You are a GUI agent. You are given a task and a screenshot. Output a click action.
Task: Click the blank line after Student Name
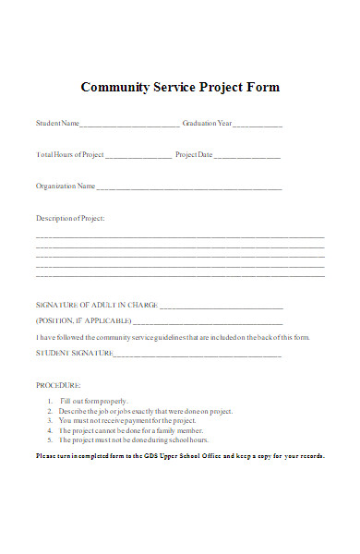pyautogui.click(x=130, y=124)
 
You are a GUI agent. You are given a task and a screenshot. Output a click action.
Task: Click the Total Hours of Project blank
pyautogui.click(x=138, y=155)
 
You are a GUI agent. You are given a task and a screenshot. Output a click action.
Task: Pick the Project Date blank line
pyautogui.click(x=249, y=155)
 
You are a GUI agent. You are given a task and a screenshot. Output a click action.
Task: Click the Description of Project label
pyautogui.click(x=70, y=218)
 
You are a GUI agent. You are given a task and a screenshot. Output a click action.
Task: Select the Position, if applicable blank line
pyautogui.click(x=208, y=321)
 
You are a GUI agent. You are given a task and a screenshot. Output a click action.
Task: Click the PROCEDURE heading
pyautogui.click(x=58, y=384)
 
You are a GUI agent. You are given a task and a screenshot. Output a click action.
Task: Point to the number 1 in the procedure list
pyautogui.click(x=50, y=401)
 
